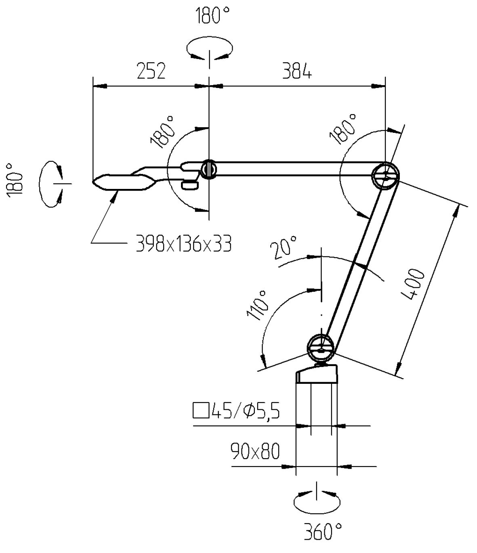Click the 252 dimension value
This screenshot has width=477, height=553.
pyautogui.click(x=151, y=71)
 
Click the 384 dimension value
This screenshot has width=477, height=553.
pyautogui.click(x=297, y=71)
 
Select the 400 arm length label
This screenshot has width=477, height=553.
pyautogui.click(x=414, y=285)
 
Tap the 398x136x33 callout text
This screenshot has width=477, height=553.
pyautogui.click(x=184, y=244)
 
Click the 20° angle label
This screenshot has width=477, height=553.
pyautogui.click(x=284, y=248)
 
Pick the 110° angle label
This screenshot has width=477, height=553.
pyautogui.click(x=258, y=305)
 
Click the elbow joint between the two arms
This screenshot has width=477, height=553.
pyautogui.click(x=385, y=176)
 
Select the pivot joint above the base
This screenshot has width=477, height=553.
pyautogui.click(x=320, y=348)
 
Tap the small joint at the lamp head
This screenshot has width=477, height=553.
pyautogui.click(x=209, y=169)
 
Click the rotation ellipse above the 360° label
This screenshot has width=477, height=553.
pyautogui.click(x=317, y=503)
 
